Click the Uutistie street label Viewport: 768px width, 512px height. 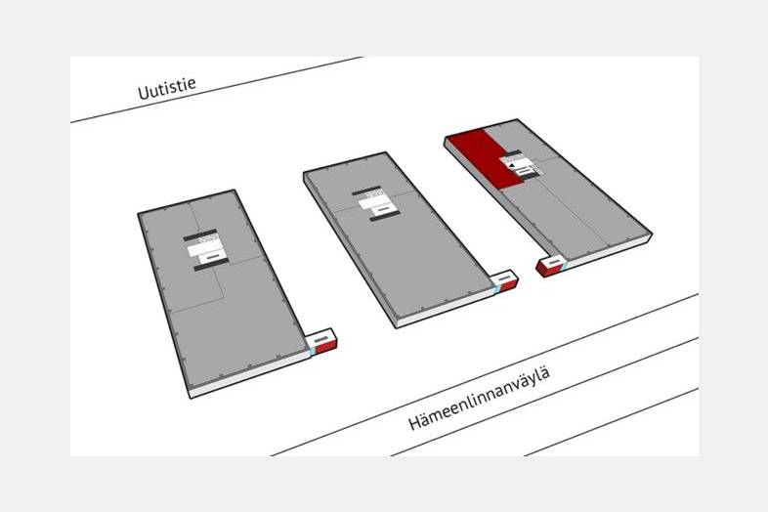(167, 88)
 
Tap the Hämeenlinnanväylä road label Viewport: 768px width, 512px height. (479, 398)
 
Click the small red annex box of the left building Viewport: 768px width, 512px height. (321, 341)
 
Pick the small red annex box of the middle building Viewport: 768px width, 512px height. (504, 281)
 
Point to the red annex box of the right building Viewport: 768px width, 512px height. (551, 266)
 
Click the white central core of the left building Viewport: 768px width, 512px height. (206, 249)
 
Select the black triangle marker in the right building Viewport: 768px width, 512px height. (512, 166)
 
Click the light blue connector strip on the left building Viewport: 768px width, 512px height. (311, 352)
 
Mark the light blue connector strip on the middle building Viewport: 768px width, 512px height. (496, 289)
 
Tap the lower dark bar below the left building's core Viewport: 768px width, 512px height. (211, 265)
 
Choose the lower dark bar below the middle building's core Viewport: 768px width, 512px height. (385, 217)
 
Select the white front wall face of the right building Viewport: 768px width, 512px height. (609, 252)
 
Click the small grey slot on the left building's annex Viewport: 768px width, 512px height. (320, 339)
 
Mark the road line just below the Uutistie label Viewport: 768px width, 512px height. (217, 89)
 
